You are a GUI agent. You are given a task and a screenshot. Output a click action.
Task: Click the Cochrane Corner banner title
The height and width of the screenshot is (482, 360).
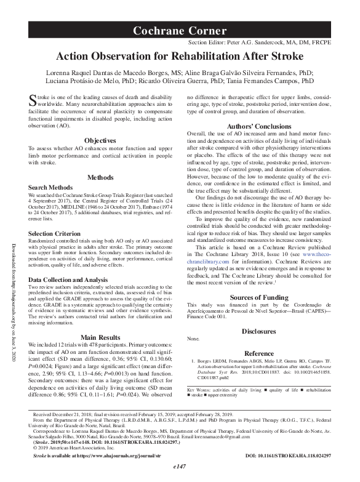(180, 30)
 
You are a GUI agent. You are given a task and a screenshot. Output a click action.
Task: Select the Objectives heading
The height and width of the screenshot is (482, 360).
(99, 141)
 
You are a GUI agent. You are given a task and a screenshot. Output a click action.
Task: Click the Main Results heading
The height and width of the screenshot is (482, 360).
(99, 337)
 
